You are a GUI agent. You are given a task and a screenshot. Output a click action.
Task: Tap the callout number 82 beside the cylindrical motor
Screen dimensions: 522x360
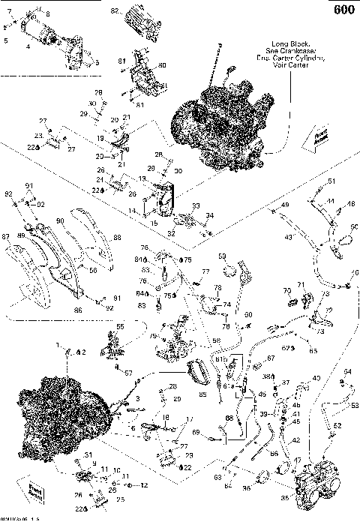tap(115, 12)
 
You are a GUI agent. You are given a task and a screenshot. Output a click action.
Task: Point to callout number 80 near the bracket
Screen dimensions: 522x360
tap(163, 65)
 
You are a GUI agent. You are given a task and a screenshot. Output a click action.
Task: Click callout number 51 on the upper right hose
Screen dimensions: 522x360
tap(331, 182)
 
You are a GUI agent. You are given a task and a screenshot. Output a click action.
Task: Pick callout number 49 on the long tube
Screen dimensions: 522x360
tap(284, 205)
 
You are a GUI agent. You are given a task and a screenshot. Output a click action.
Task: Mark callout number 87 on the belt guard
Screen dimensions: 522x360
tap(6, 238)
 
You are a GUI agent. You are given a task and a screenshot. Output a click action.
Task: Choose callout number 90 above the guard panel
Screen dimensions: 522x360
tap(61, 221)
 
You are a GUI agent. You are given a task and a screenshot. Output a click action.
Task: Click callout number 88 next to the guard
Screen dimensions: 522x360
tap(117, 238)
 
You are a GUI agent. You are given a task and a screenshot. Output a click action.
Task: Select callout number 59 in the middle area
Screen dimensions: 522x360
tap(222, 257)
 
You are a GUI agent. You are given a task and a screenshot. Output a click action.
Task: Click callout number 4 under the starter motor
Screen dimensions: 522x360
tap(28, 46)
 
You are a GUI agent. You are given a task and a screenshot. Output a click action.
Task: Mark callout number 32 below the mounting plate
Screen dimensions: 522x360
tap(171, 234)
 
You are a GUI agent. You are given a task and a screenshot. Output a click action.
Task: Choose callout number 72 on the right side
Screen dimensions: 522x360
tap(328, 310)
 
